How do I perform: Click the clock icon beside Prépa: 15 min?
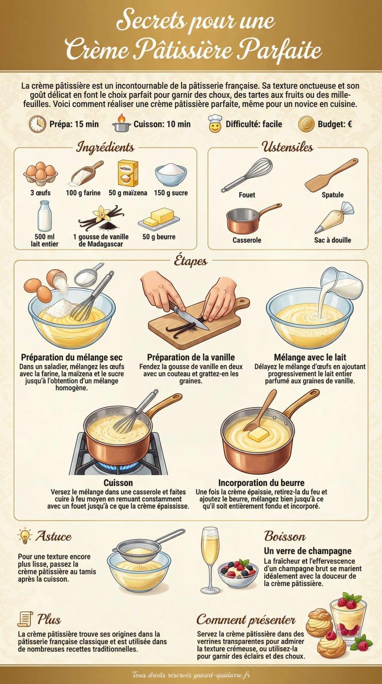click(x=37, y=124)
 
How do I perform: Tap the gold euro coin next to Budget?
click(x=306, y=124)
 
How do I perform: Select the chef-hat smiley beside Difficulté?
click(x=215, y=124)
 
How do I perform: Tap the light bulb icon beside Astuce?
click(x=25, y=536)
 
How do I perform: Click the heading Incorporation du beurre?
click(x=261, y=483)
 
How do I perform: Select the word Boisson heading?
click(x=285, y=536)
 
